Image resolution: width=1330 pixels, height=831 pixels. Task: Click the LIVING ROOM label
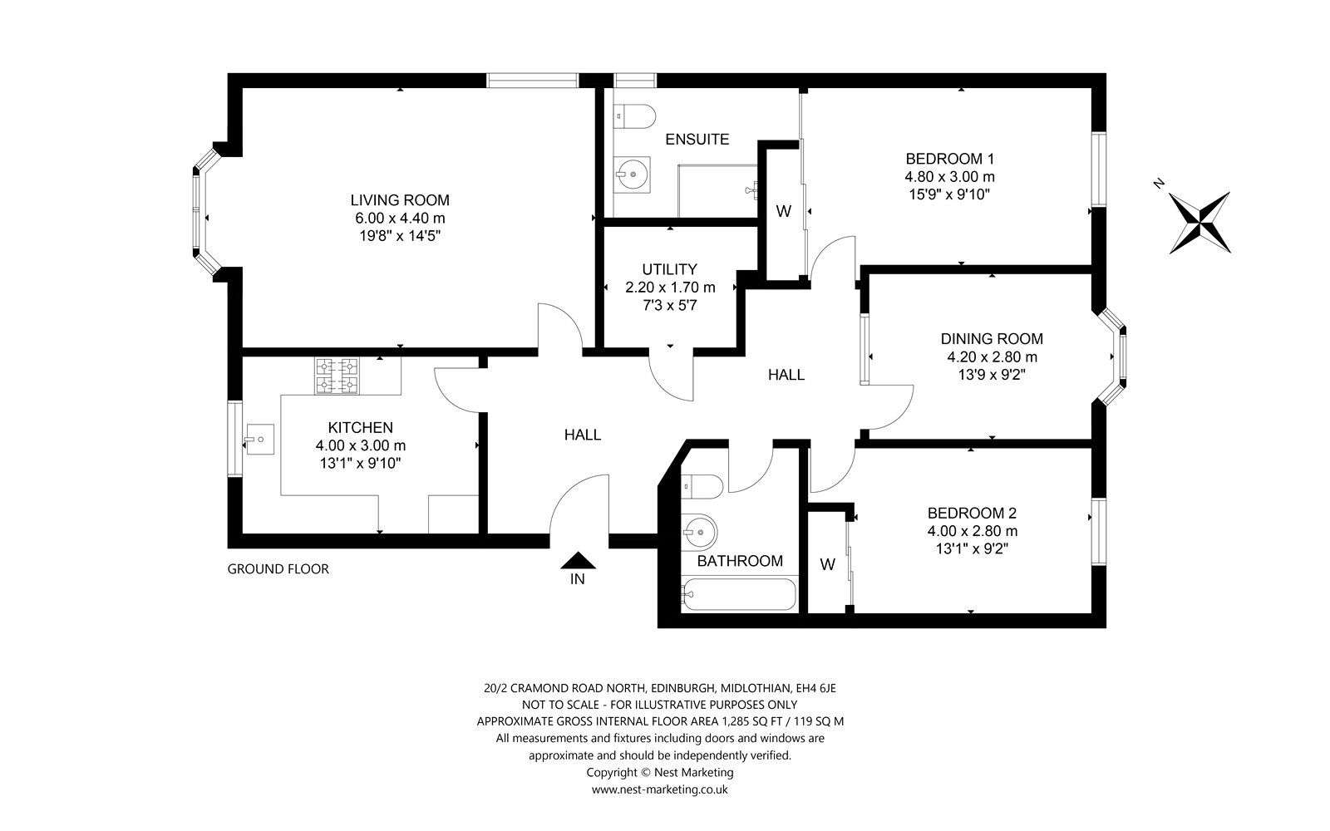click(400, 200)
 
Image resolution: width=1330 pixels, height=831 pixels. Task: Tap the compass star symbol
click(1199, 222)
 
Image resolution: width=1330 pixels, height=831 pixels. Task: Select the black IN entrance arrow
click(577, 562)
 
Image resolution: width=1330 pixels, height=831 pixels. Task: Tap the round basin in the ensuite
click(633, 175)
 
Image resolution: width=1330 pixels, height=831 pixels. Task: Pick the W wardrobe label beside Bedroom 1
click(783, 211)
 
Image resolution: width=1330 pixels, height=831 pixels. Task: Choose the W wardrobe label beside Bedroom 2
click(827, 564)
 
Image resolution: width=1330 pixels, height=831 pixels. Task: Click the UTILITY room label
click(669, 269)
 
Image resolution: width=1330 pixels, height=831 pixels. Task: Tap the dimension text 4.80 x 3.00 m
click(950, 176)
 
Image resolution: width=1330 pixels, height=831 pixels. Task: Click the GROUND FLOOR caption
click(278, 569)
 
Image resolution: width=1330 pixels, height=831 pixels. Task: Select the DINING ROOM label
click(992, 338)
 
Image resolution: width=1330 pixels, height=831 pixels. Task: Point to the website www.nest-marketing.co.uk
click(659, 789)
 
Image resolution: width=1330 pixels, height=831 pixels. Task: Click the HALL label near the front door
click(582, 435)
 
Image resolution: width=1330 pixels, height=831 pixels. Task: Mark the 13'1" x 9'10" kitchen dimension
click(360, 463)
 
